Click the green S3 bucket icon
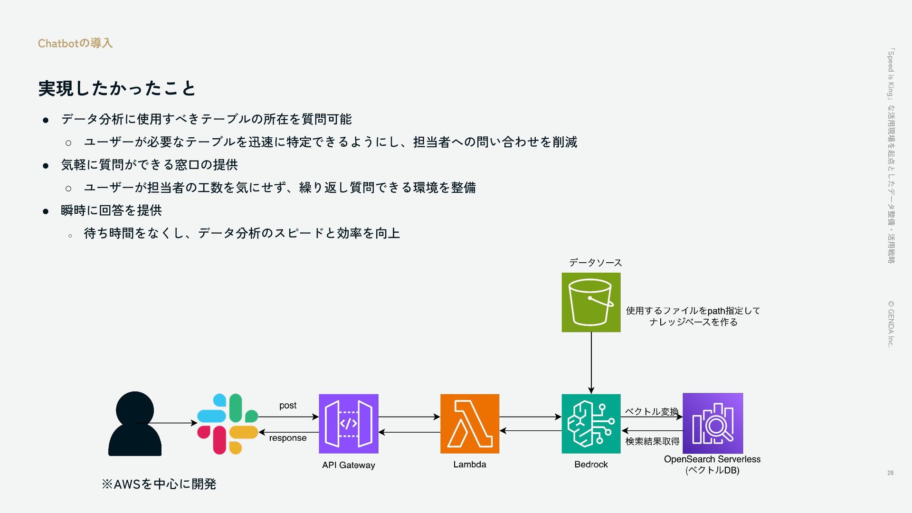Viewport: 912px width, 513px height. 591,302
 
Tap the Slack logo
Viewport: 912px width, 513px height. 228,424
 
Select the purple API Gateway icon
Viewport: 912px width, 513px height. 349,424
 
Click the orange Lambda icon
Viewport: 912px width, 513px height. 470,424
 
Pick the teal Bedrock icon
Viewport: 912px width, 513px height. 591,424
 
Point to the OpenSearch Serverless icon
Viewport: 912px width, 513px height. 712,423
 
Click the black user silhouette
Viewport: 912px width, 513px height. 135,424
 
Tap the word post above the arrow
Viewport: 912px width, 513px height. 288,405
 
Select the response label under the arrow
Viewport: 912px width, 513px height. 288,438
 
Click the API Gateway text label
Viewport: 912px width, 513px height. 349,465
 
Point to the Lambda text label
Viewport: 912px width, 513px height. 470,464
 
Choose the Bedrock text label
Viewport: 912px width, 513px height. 591,464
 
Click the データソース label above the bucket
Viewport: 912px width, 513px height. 595,263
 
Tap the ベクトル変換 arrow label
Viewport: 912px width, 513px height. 652,411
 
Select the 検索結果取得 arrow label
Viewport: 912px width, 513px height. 652,441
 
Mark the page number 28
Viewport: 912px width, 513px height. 890,473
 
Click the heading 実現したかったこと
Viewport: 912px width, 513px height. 117,88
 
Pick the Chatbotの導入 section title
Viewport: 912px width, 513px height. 75,43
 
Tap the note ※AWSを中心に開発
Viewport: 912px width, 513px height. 159,484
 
